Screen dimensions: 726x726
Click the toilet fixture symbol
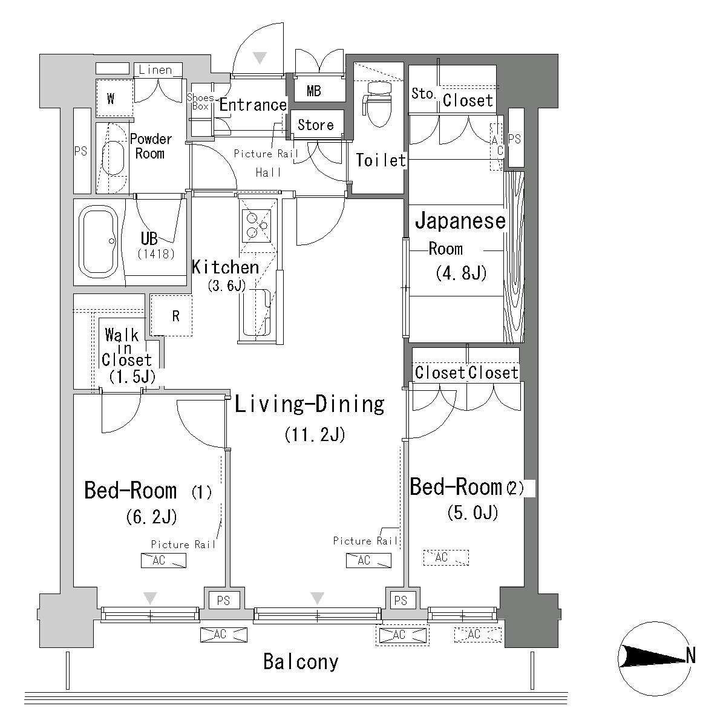pos(378,104)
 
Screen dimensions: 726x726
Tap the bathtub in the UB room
pos(99,241)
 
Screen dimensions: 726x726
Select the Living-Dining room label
pos(309,404)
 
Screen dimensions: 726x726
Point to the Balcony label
pos(301,662)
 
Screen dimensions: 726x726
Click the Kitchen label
pos(225,267)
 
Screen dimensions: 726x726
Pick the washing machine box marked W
pos(114,99)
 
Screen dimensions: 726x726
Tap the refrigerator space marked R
pos(171,316)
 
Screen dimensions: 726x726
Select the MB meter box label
pos(314,91)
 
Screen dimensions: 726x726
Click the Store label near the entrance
pos(316,125)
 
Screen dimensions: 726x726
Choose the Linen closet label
pos(155,70)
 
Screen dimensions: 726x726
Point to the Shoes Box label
pos(200,102)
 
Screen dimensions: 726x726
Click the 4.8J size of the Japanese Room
pos(461,273)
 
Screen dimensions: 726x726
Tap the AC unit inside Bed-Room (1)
pos(163,560)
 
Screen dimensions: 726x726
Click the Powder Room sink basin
pos(113,159)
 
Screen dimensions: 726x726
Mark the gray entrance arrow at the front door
pos(260,58)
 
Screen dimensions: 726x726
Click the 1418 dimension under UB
pos(156,254)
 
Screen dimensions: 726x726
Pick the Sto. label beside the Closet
pos(423,93)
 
